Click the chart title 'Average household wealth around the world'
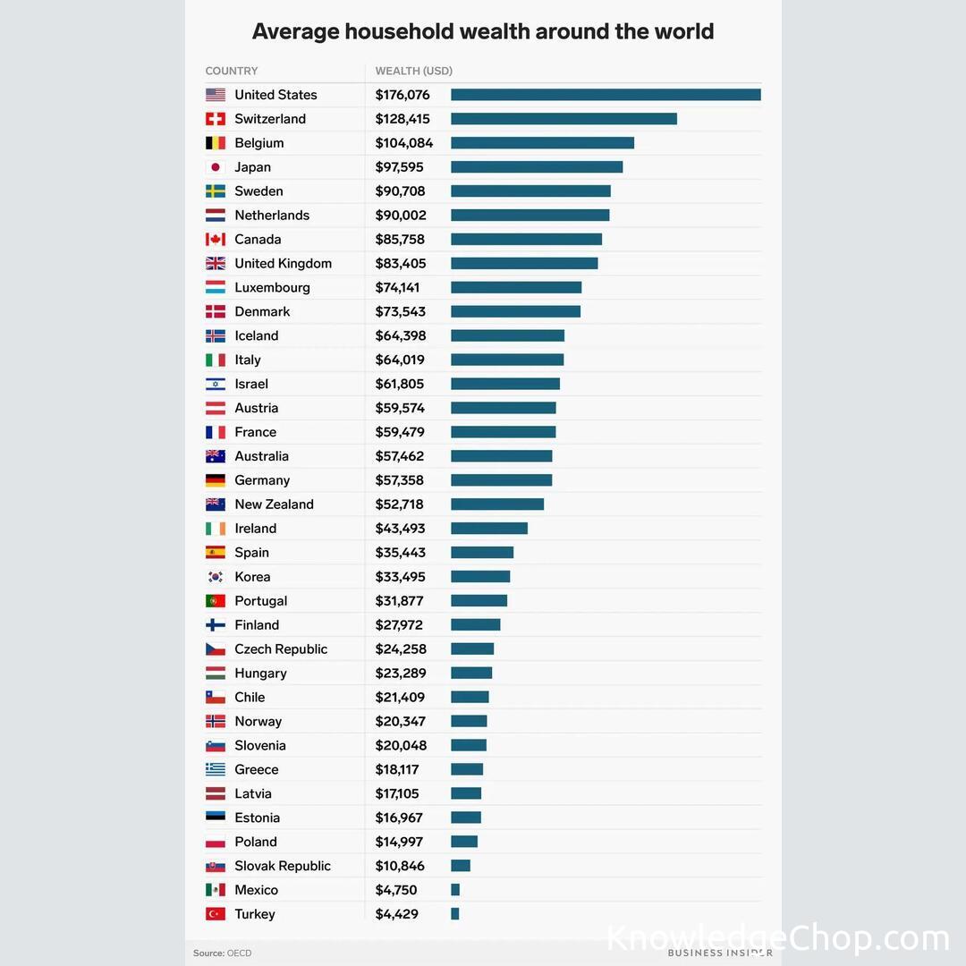pos(483,31)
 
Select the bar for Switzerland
pos(563,119)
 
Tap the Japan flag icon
pos(215,167)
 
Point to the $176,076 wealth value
pos(402,95)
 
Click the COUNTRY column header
pos(232,71)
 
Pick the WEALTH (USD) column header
pos(414,71)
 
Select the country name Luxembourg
pos(272,287)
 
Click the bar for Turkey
pos(455,914)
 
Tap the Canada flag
pos(215,240)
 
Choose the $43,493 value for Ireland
pos(400,529)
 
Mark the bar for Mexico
pos(455,890)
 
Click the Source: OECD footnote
pos(223,953)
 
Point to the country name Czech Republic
pos(281,649)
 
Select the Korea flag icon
pos(215,577)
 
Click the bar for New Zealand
pos(497,504)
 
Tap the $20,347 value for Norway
pos(400,722)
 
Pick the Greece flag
pos(215,770)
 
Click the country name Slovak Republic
pos(283,866)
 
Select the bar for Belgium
pos(542,143)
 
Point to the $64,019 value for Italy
pos(400,360)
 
